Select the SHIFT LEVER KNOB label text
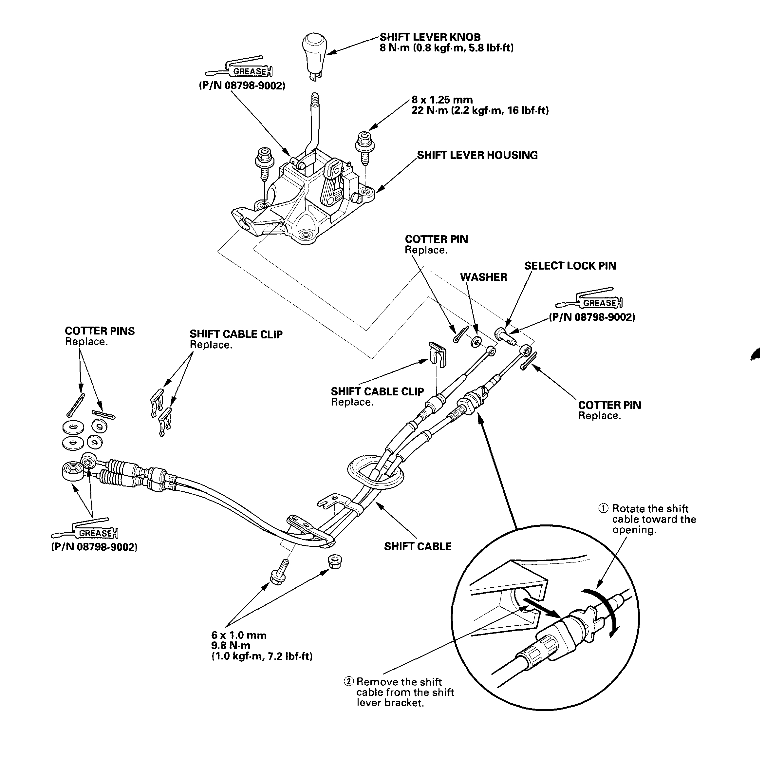pos(430,37)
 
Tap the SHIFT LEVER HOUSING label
pos(477,155)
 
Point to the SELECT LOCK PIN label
pos(570,266)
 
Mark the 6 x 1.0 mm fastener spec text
pos(239,636)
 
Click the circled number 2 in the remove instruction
pos(348,682)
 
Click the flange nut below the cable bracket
pos(335,561)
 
